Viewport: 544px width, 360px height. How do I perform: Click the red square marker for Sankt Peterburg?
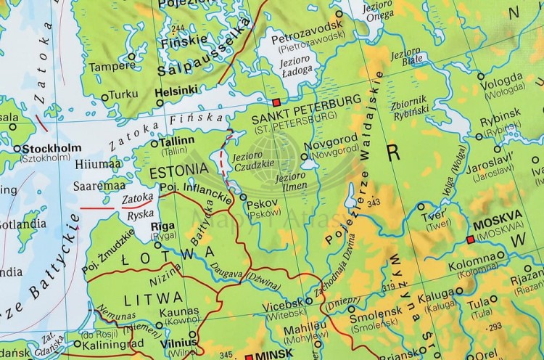click(x=275, y=102)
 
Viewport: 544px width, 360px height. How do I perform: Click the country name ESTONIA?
click(x=172, y=173)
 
